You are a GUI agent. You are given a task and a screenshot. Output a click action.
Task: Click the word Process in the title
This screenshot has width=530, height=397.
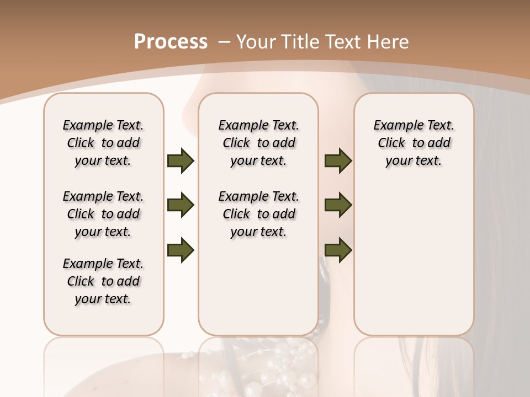tap(171, 41)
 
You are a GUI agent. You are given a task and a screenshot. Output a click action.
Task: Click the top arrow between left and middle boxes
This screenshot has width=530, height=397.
tap(181, 160)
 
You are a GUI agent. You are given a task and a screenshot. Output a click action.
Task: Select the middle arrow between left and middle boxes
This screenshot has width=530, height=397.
tap(181, 205)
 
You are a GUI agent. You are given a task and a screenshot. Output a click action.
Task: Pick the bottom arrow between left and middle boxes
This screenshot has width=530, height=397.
tap(181, 250)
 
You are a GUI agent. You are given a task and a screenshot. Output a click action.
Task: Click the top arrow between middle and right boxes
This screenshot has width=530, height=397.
tap(338, 160)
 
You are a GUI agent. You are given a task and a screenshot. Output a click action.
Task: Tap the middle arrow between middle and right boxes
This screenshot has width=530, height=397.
tap(338, 205)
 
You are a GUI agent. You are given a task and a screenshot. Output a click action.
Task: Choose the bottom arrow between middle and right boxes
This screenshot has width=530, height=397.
tap(338, 250)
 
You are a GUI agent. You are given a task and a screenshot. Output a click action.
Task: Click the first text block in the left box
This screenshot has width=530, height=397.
tap(103, 143)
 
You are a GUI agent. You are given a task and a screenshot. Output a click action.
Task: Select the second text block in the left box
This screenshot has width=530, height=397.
tap(103, 214)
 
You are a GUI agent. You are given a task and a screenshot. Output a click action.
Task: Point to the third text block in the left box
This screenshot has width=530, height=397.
tap(103, 281)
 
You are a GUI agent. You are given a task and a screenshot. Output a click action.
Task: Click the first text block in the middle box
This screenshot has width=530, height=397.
tap(258, 143)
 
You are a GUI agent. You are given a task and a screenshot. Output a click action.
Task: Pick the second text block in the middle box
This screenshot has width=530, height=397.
tap(258, 214)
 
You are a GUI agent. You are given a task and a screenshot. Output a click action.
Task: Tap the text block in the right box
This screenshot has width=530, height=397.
tap(414, 143)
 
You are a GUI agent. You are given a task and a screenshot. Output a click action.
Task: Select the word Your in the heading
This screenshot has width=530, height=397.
tap(257, 41)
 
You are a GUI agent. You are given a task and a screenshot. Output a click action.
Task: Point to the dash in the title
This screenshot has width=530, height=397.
tap(225, 41)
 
